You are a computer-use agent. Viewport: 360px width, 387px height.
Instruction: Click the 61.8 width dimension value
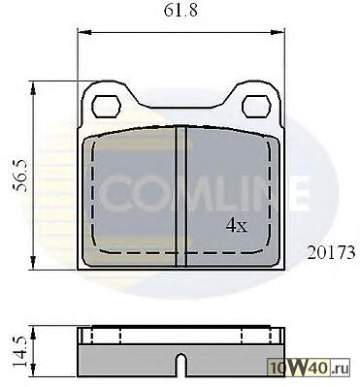pyautogui.click(x=180, y=11)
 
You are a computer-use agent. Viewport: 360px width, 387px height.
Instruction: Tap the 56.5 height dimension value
pyautogui.click(x=21, y=176)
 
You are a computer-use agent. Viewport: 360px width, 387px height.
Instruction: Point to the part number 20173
pyautogui.click(x=331, y=252)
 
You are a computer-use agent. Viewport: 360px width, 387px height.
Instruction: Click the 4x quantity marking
pyautogui.click(x=237, y=225)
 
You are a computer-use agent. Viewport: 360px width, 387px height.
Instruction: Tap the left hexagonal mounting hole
pyautogui.click(x=107, y=107)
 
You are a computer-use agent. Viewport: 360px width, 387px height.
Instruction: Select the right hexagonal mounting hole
pyautogui.click(x=256, y=107)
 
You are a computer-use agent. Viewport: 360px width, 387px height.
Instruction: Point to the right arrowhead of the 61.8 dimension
pyautogui.click(x=278, y=32)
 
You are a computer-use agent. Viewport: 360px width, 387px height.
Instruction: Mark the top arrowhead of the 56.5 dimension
pyautogui.click(x=33, y=88)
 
